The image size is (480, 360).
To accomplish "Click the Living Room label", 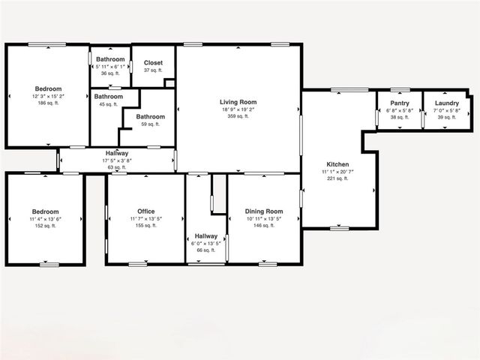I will (238, 102).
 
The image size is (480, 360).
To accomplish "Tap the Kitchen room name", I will (337, 165).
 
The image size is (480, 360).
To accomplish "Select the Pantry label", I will (399, 103).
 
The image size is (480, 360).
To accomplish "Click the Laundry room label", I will (446, 103).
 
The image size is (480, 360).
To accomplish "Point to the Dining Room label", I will (264, 211).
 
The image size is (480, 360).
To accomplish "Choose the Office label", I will (146, 211).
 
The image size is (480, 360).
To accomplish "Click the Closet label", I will (153, 63).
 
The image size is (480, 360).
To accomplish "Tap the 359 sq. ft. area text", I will (238, 116).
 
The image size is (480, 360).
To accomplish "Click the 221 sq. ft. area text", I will (337, 179).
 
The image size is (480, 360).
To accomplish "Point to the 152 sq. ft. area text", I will (45, 226).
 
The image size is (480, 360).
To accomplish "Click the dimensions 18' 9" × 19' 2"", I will (238, 109).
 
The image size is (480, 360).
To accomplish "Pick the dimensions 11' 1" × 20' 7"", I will (337, 172).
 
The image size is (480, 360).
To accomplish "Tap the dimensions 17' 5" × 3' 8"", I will (117, 160).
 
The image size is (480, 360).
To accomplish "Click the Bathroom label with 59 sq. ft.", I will (150, 116).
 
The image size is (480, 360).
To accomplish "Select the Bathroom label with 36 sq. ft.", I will (110, 59).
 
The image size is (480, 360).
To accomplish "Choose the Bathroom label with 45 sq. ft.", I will (109, 97).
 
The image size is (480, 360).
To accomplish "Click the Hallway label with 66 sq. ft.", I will (205, 235).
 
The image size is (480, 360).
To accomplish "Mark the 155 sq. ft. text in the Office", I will (146, 226).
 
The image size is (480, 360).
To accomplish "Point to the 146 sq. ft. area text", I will (264, 226).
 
